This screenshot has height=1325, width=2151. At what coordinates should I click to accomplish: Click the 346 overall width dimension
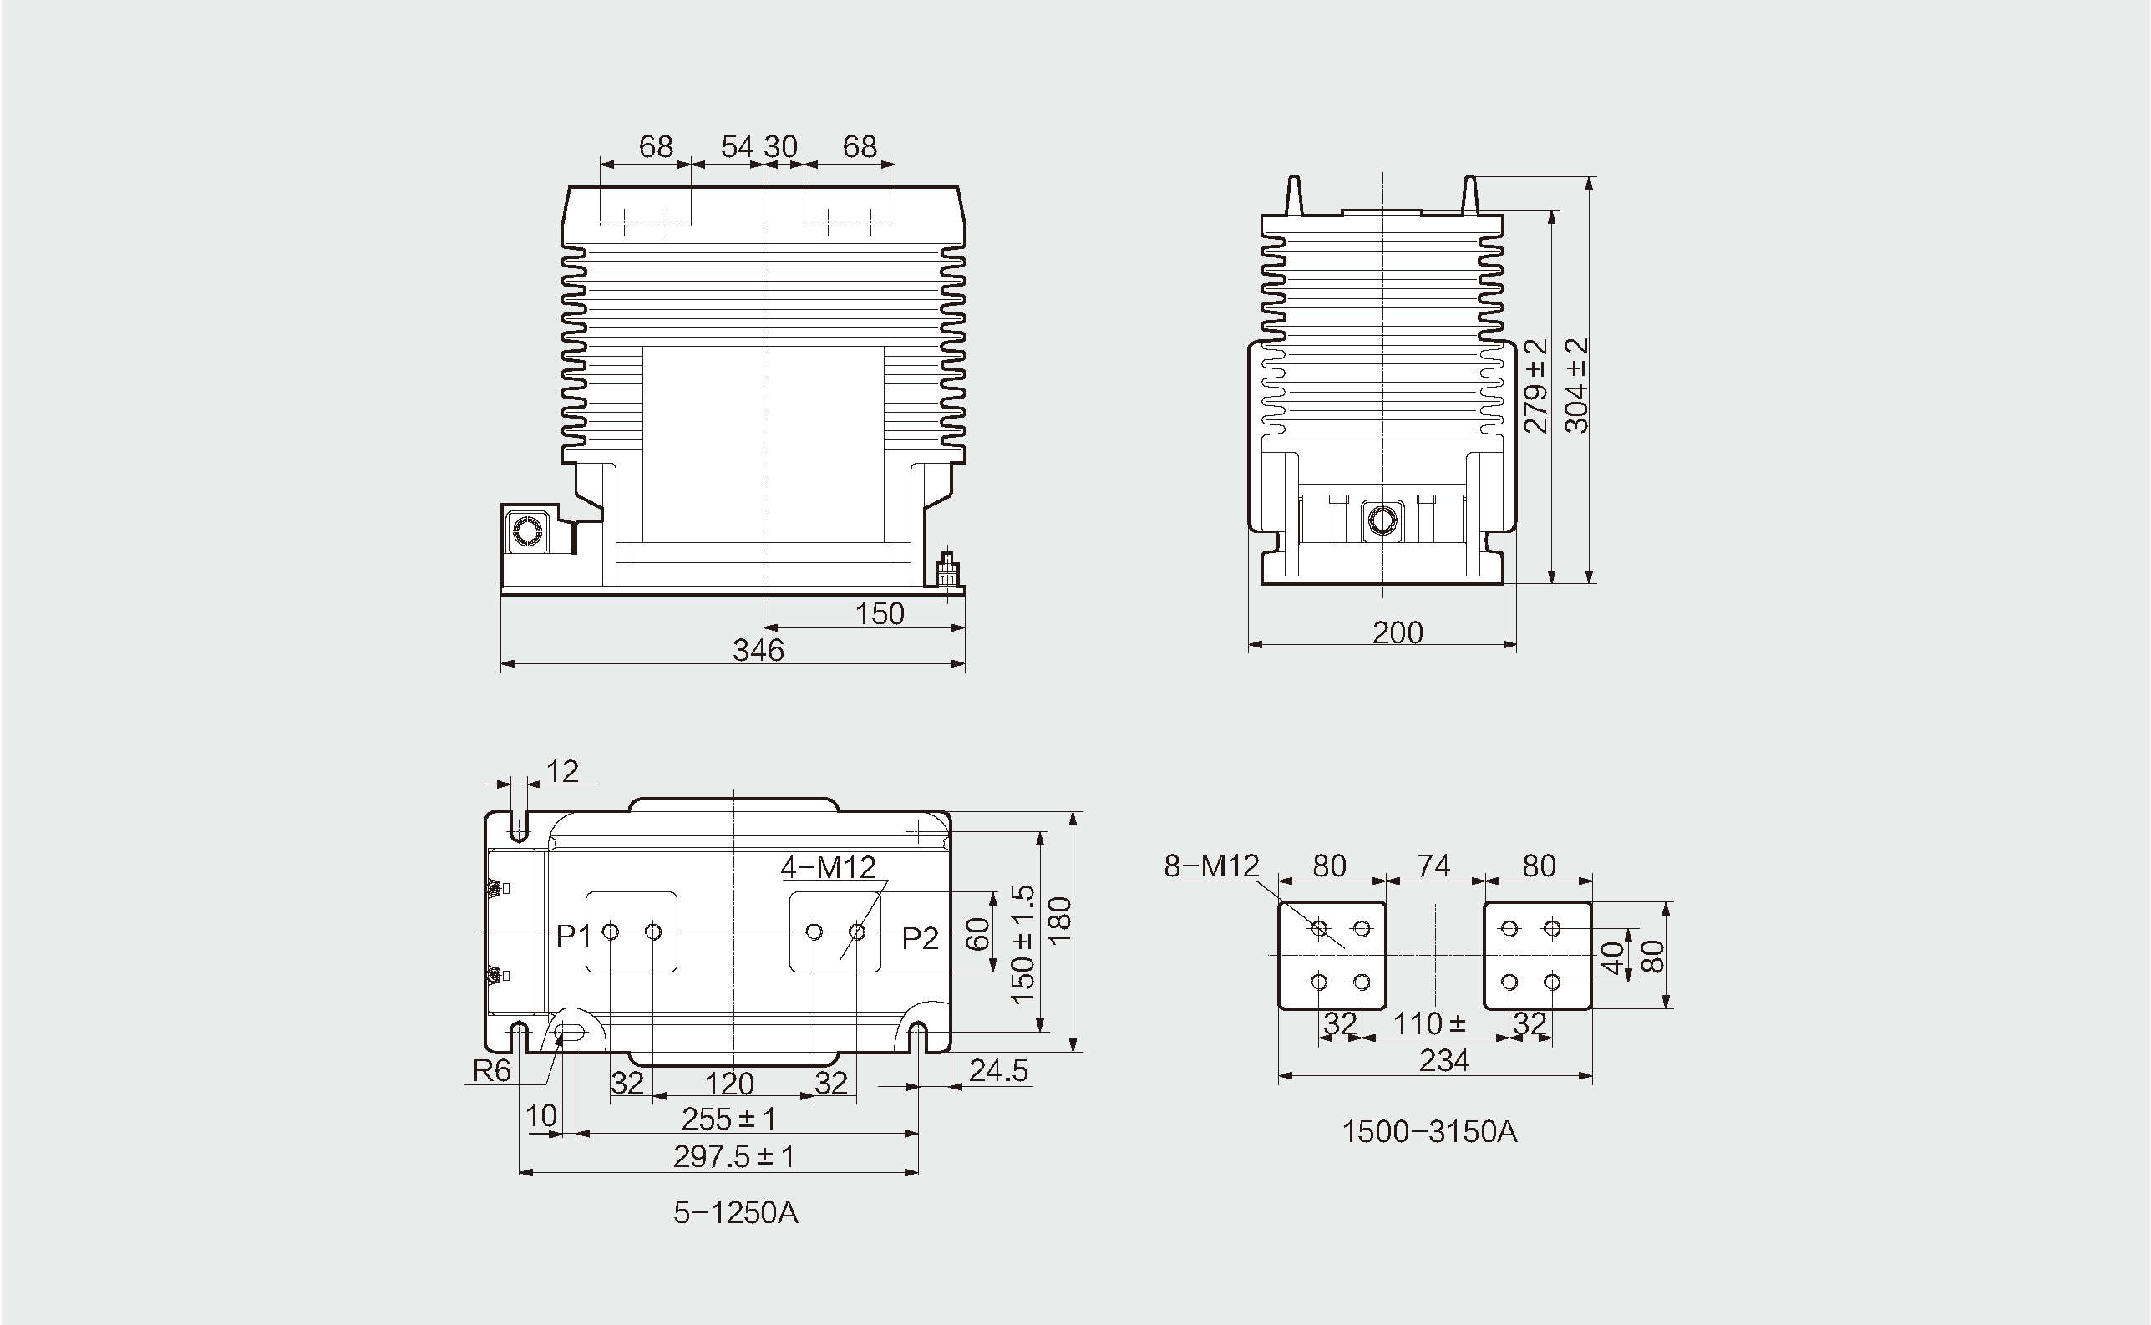click(x=758, y=650)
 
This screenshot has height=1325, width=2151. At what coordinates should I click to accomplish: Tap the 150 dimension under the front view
click(x=880, y=613)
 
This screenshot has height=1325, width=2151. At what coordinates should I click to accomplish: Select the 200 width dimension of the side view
click(x=1398, y=632)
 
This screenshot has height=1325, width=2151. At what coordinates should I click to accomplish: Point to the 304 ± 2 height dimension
click(x=1577, y=386)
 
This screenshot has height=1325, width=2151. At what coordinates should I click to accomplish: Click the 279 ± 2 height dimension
click(x=1536, y=386)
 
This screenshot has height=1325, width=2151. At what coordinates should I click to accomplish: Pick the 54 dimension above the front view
click(x=738, y=146)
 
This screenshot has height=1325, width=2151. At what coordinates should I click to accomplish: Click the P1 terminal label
click(x=575, y=937)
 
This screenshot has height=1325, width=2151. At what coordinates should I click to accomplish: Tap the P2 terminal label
click(x=921, y=938)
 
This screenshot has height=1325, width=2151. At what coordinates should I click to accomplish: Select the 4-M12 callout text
click(x=828, y=867)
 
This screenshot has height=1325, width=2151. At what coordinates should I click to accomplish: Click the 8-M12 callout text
click(x=1212, y=866)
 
